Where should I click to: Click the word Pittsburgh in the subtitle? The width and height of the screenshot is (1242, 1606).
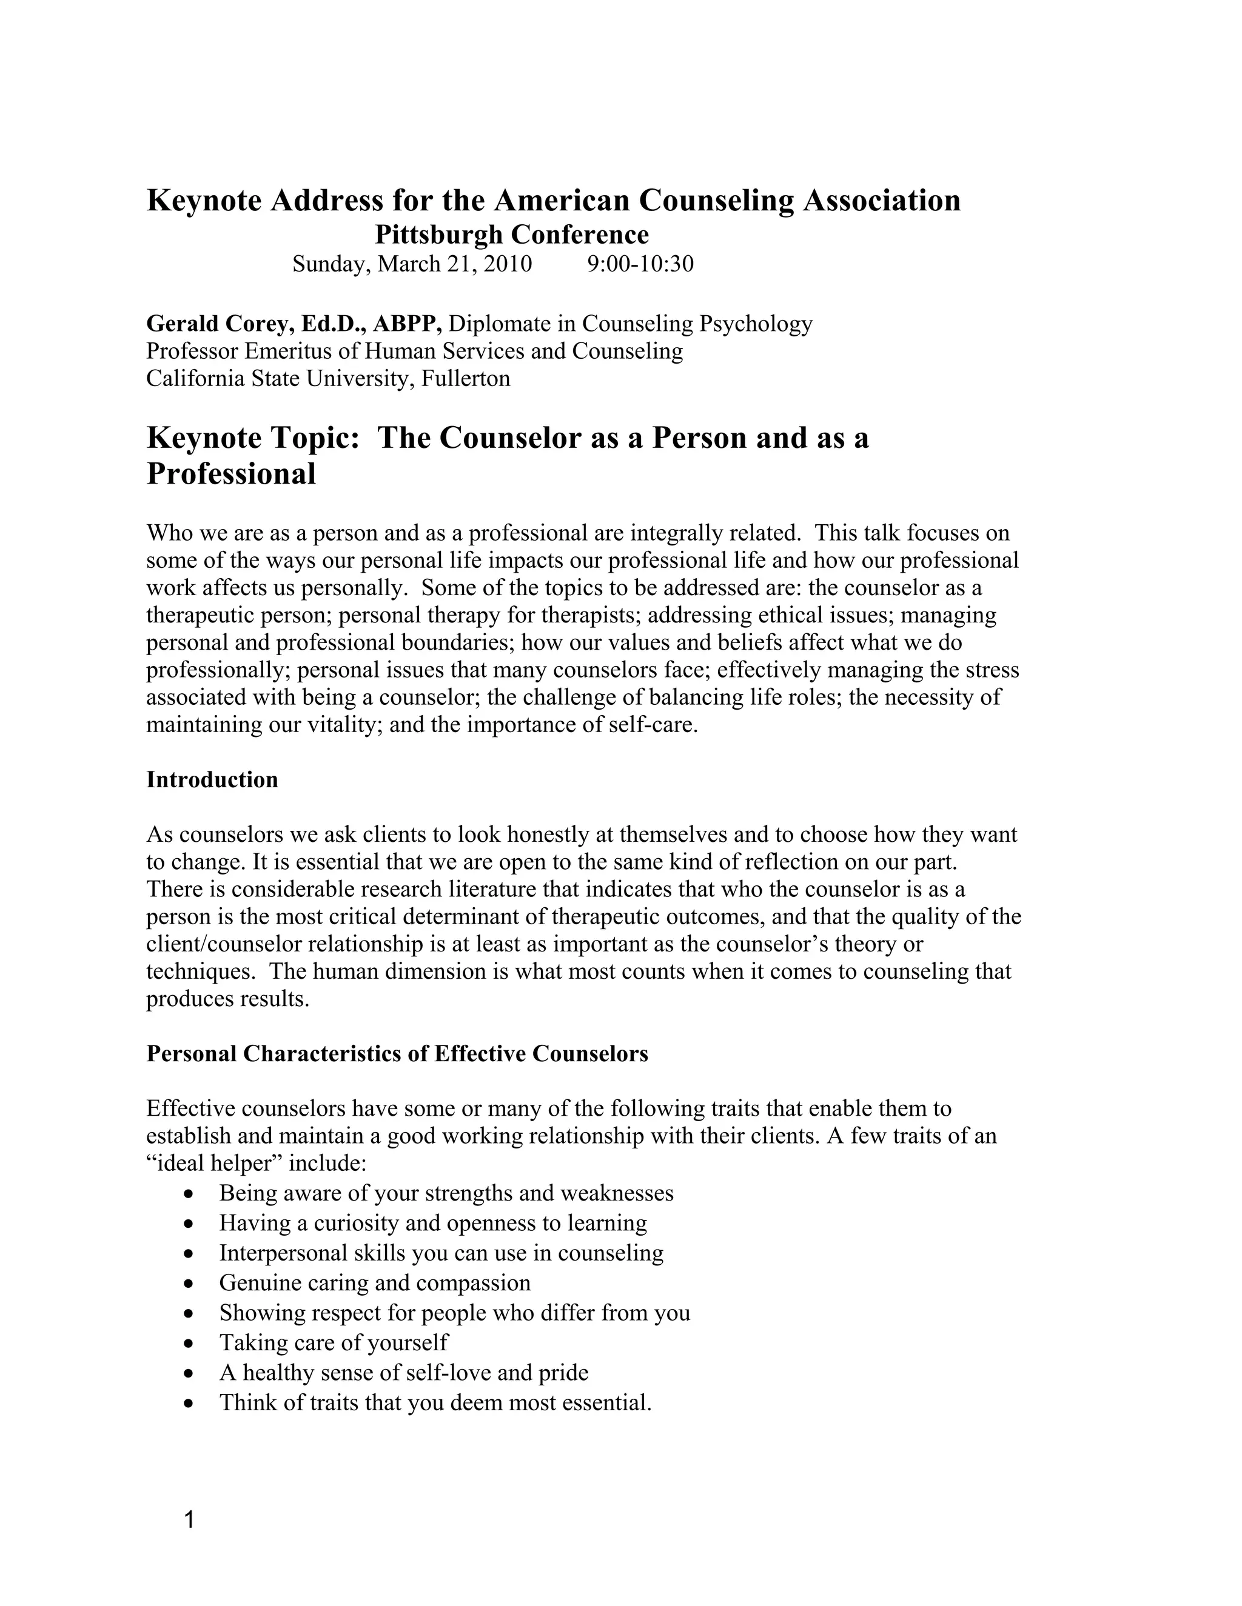point(439,235)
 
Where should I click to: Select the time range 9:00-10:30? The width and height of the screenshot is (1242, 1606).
point(640,263)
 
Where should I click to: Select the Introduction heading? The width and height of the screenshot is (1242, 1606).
point(212,779)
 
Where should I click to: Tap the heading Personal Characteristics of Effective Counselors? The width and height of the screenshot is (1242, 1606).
point(397,1054)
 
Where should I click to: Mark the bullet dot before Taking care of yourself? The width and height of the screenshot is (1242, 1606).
point(190,1344)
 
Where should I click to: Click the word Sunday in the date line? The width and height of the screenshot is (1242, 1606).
point(330,263)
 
